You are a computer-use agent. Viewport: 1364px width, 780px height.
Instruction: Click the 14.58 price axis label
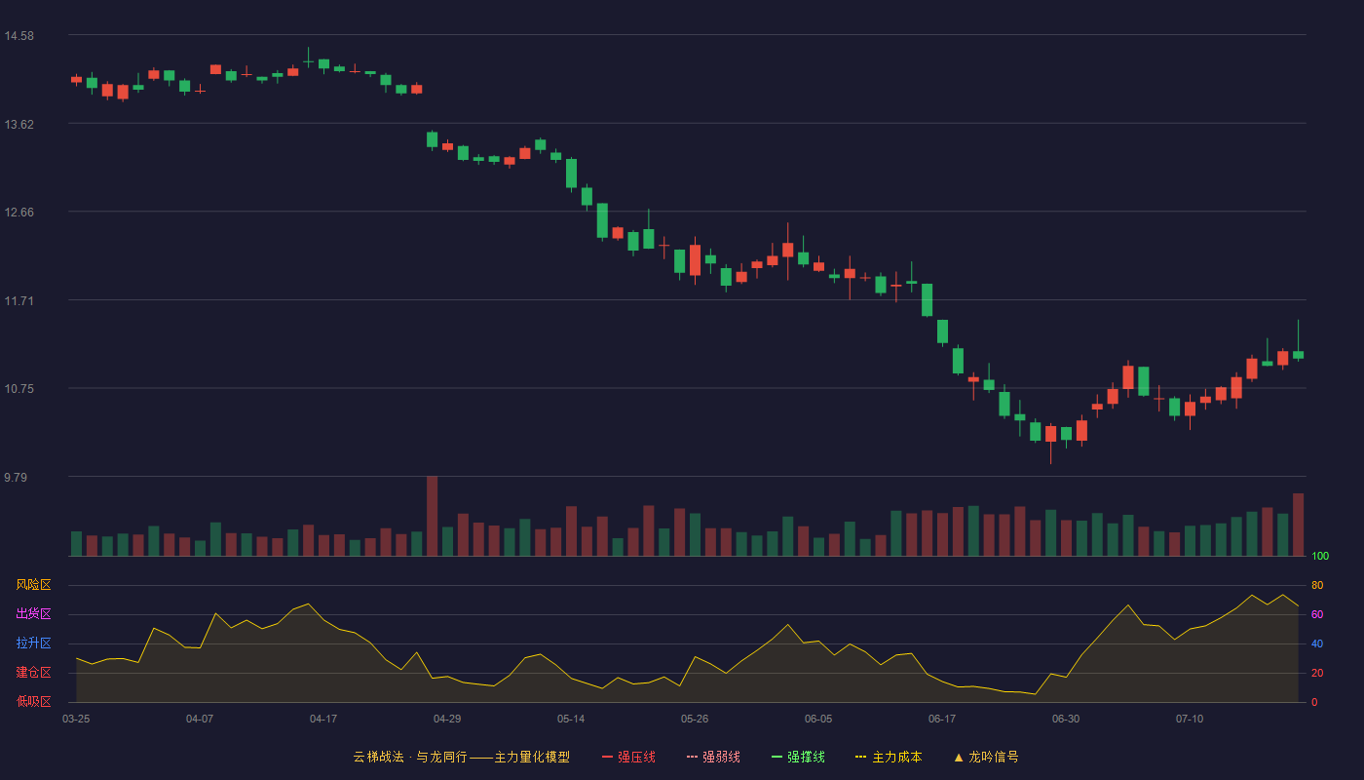(19, 36)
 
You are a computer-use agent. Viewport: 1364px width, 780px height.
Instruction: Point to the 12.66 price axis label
(19, 213)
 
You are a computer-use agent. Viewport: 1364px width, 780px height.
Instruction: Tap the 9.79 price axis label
(16, 477)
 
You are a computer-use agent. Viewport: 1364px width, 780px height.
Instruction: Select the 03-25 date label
(76, 720)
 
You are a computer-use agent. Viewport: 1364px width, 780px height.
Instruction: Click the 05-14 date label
(571, 720)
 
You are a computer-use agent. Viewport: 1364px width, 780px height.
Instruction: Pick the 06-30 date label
(1066, 720)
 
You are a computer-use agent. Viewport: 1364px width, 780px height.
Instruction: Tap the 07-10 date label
(1190, 720)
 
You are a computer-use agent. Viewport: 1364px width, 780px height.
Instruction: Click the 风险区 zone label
(33, 585)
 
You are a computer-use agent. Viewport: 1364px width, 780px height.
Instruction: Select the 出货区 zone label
(33, 613)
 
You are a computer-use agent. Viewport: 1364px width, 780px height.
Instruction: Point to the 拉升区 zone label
(33, 643)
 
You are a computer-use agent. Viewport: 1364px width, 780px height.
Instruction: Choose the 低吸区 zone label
(33, 701)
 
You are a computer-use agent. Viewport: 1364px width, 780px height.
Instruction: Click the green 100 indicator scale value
(1320, 556)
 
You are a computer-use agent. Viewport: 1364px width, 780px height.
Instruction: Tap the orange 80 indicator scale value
(1317, 585)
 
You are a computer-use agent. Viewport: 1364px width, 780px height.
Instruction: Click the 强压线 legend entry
(628, 757)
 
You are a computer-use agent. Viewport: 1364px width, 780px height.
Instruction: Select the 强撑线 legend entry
(798, 757)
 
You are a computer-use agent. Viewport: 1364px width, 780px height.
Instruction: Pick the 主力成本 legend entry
(889, 757)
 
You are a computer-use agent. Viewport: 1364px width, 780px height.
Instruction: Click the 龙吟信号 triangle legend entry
(986, 757)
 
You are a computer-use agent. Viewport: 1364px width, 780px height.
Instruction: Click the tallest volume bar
(433, 516)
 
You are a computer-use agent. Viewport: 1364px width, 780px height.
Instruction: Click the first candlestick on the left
(76, 79)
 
